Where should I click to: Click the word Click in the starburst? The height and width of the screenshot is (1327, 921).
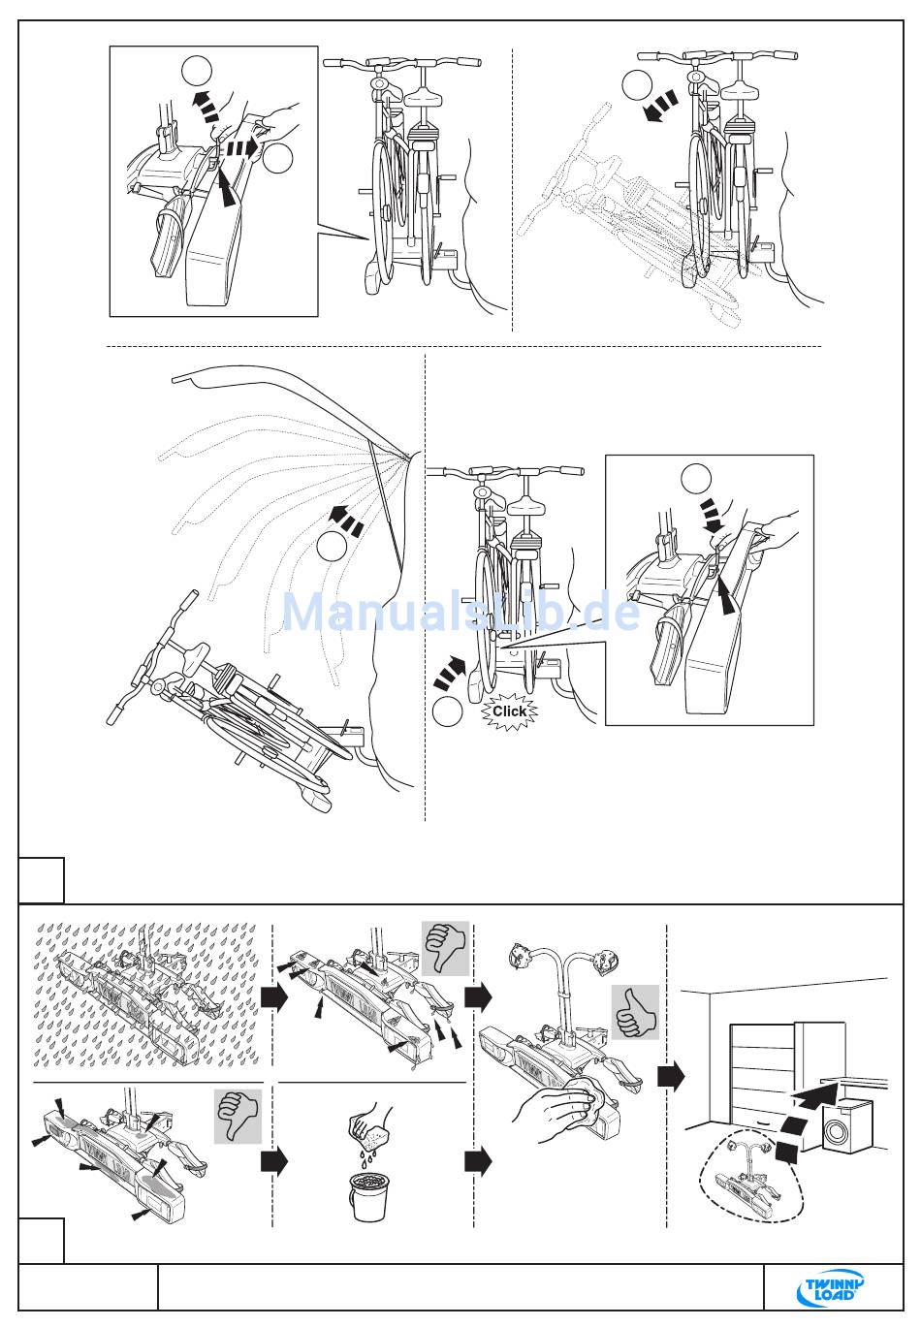[x=509, y=711]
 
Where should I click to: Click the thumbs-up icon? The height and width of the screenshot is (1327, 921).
[x=635, y=1012]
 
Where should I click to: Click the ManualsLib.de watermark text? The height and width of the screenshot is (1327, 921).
[x=461, y=612]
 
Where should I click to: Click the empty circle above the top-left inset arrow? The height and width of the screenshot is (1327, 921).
[x=197, y=71]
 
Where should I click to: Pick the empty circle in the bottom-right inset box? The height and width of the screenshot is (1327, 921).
[x=696, y=479]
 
